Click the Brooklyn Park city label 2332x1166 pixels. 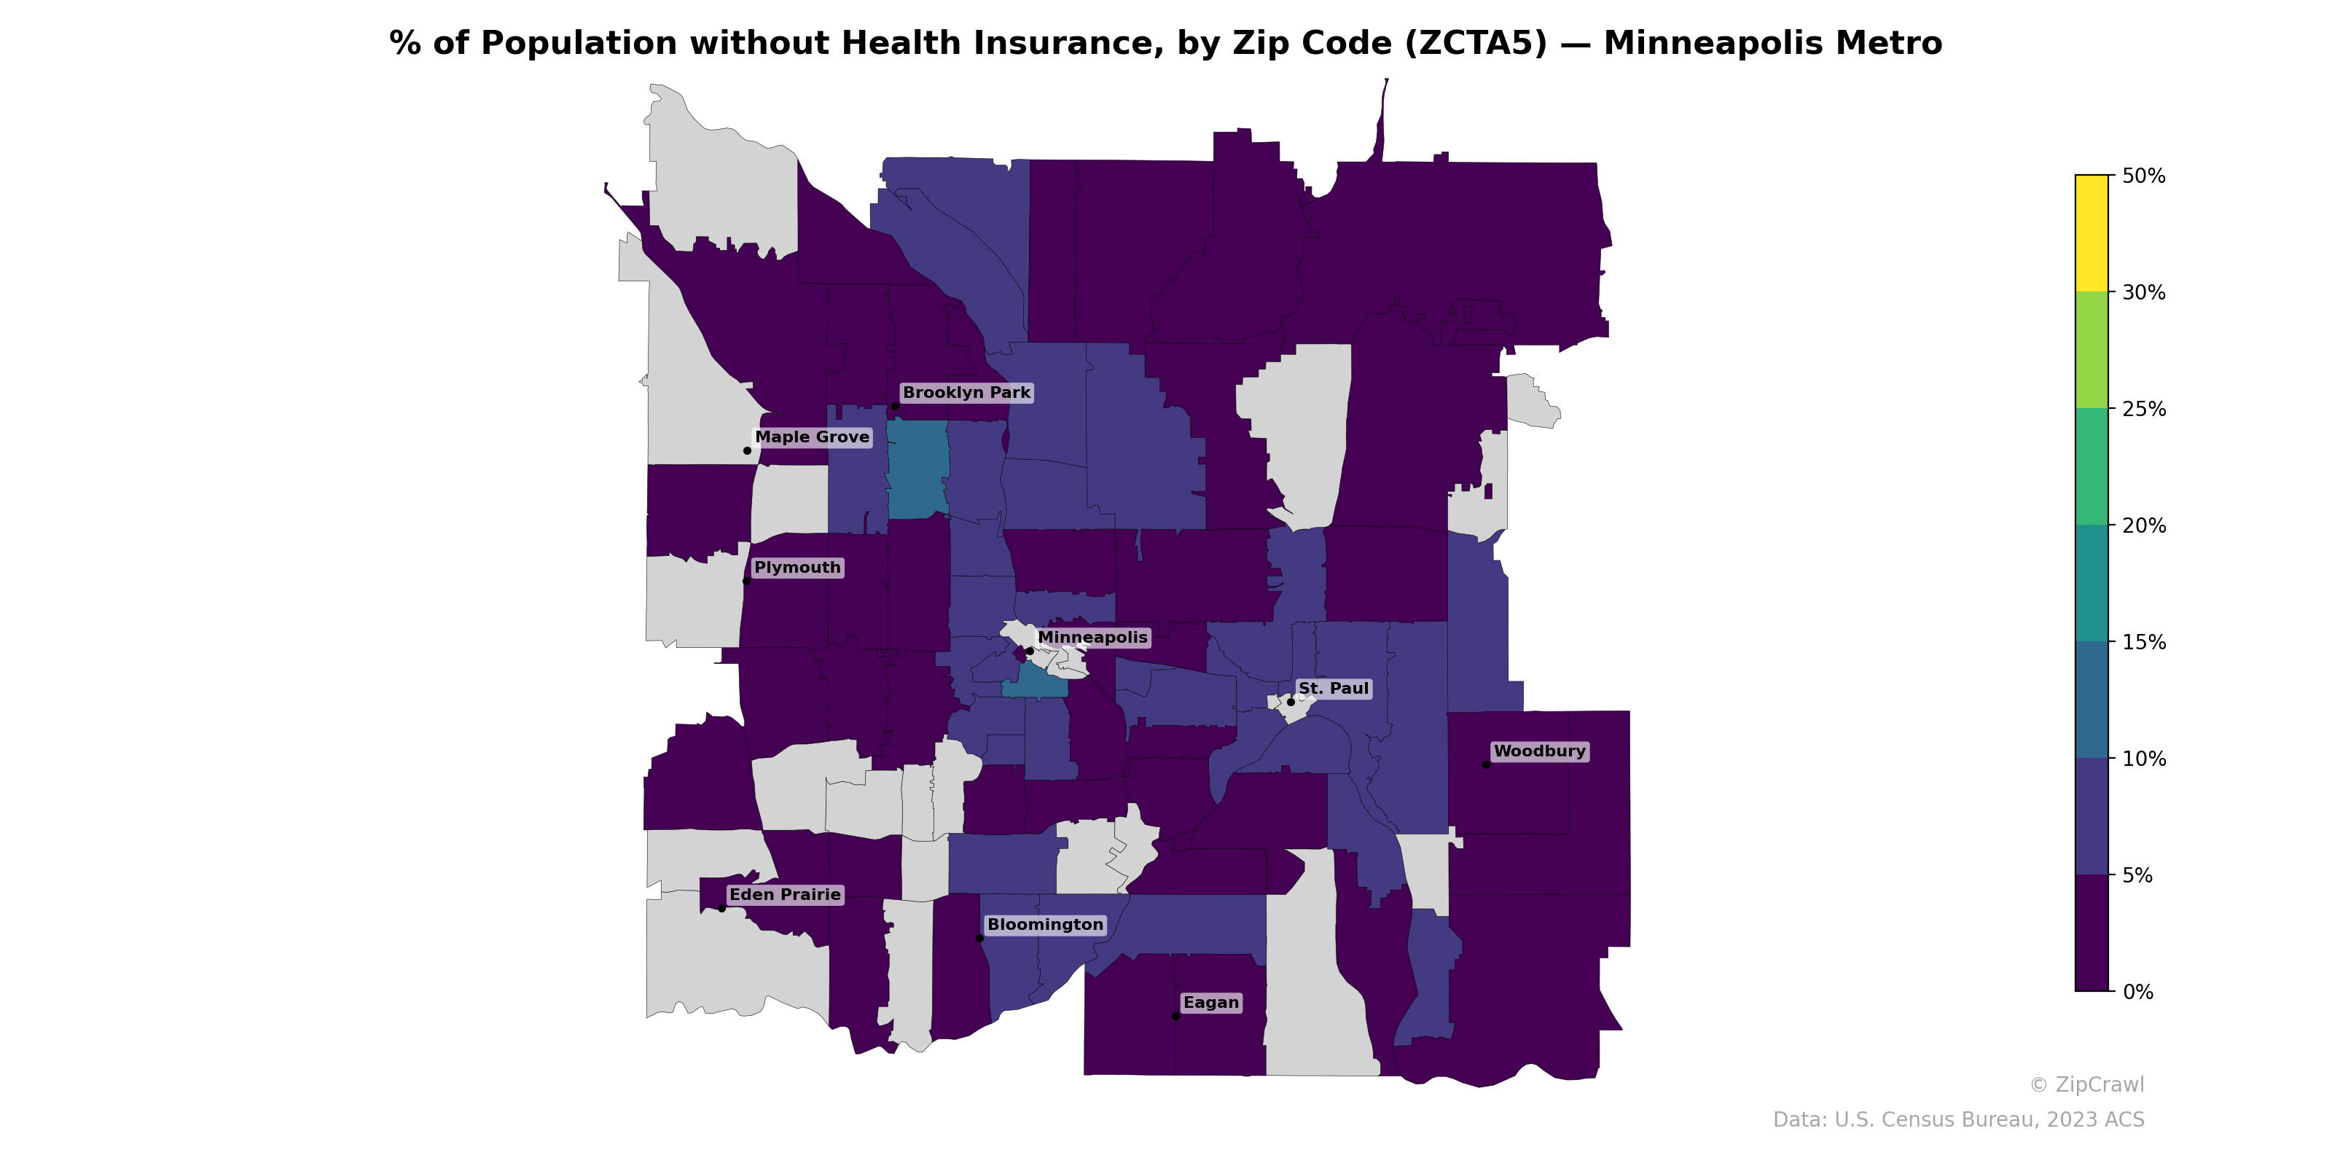tap(966, 393)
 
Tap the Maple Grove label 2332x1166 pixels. tap(812, 437)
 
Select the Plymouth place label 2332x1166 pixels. tap(797, 568)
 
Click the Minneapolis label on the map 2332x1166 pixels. tap(1092, 638)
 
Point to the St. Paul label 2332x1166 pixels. tap(1333, 689)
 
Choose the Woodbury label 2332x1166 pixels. tap(1539, 751)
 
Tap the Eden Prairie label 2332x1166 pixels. tap(785, 894)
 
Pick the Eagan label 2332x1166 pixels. tap(1210, 1002)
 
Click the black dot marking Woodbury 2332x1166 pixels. tap(1487, 765)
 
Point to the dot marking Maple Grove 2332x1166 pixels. tap(747, 451)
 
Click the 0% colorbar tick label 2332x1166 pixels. tap(2138, 992)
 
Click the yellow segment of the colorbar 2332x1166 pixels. tap(2092, 232)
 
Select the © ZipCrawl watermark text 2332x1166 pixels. tap(2086, 1084)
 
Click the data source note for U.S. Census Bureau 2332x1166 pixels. tap(1958, 1120)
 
